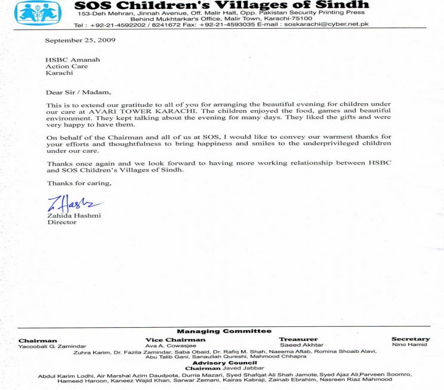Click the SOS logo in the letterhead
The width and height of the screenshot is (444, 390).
(x=38, y=13)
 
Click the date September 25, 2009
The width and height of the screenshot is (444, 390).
(x=80, y=40)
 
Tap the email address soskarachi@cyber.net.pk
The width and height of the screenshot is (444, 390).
(x=326, y=25)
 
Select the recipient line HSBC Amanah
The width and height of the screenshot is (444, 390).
(x=73, y=59)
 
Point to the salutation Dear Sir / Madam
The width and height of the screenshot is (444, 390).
(x=78, y=92)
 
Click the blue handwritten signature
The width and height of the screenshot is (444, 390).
(x=74, y=203)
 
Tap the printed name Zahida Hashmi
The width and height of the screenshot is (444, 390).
(x=74, y=215)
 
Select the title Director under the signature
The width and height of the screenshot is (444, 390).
(x=62, y=222)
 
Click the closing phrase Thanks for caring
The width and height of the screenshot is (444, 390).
(x=79, y=183)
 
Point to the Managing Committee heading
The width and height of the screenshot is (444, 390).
(x=224, y=331)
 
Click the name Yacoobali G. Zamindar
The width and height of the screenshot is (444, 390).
(x=52, y=347)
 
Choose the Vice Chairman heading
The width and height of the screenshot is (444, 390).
(x=175, y=340)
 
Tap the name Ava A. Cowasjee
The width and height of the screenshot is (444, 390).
(x=170, y=346)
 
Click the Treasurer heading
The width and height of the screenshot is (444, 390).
(x=298, y=339)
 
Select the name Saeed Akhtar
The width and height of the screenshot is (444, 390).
(x=302, y=345)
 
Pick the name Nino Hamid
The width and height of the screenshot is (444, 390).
(x=409, y=345)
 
